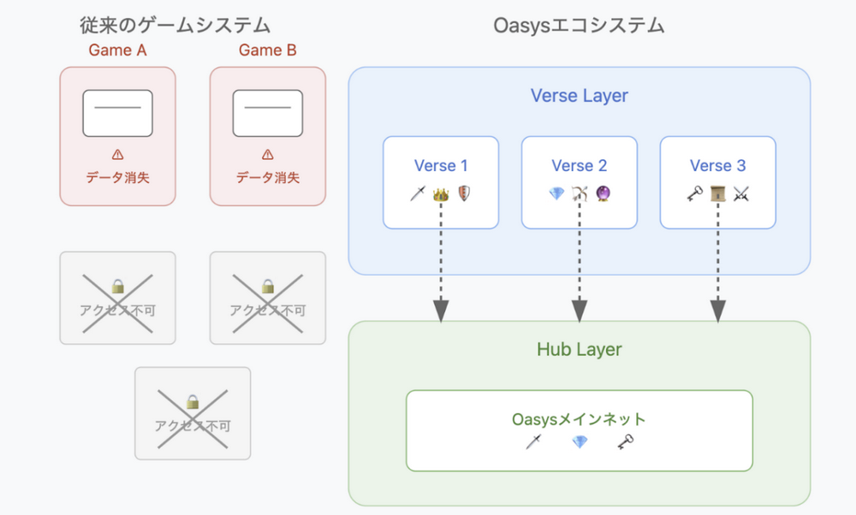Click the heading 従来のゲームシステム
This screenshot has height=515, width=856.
175,25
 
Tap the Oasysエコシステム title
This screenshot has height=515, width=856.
580,25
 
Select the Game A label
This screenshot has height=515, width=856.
117,50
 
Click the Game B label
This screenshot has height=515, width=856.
268,50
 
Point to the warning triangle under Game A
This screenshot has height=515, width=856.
117,155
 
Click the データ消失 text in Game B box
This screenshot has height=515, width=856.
268,178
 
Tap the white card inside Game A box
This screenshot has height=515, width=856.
117,113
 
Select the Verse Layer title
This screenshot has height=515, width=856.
580,96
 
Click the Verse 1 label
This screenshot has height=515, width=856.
441,166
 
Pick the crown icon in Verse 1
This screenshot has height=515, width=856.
441,194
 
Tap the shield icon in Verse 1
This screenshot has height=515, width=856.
464,194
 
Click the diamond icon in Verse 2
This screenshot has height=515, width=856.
556,194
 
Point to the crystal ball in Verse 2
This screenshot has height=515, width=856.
603,194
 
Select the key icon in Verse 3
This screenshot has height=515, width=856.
694,194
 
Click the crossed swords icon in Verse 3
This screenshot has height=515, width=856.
740,194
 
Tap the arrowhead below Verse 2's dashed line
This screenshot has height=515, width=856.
580,311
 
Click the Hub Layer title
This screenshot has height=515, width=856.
580,349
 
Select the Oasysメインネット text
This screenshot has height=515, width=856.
579,419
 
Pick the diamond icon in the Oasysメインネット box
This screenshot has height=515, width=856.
580,442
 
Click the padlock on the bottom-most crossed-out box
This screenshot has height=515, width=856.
193,400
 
